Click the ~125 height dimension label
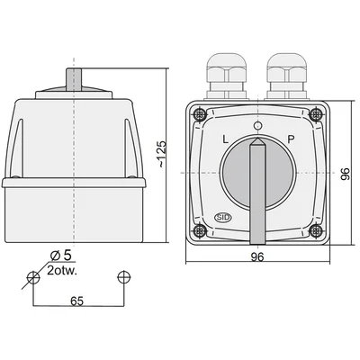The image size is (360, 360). (x=162, y=154)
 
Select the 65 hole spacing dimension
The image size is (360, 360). (x=76, y=301)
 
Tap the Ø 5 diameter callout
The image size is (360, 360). (x=61, y=256)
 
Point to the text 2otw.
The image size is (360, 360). (x=62, y=271)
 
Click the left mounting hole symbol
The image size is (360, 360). (x=33, y=277)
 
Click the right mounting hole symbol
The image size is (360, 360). (x=123, y=277)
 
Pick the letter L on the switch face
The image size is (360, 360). (x=225, y=139)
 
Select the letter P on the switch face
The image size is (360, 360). (x=291, y=139)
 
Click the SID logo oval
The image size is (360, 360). (x=223, y=218)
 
